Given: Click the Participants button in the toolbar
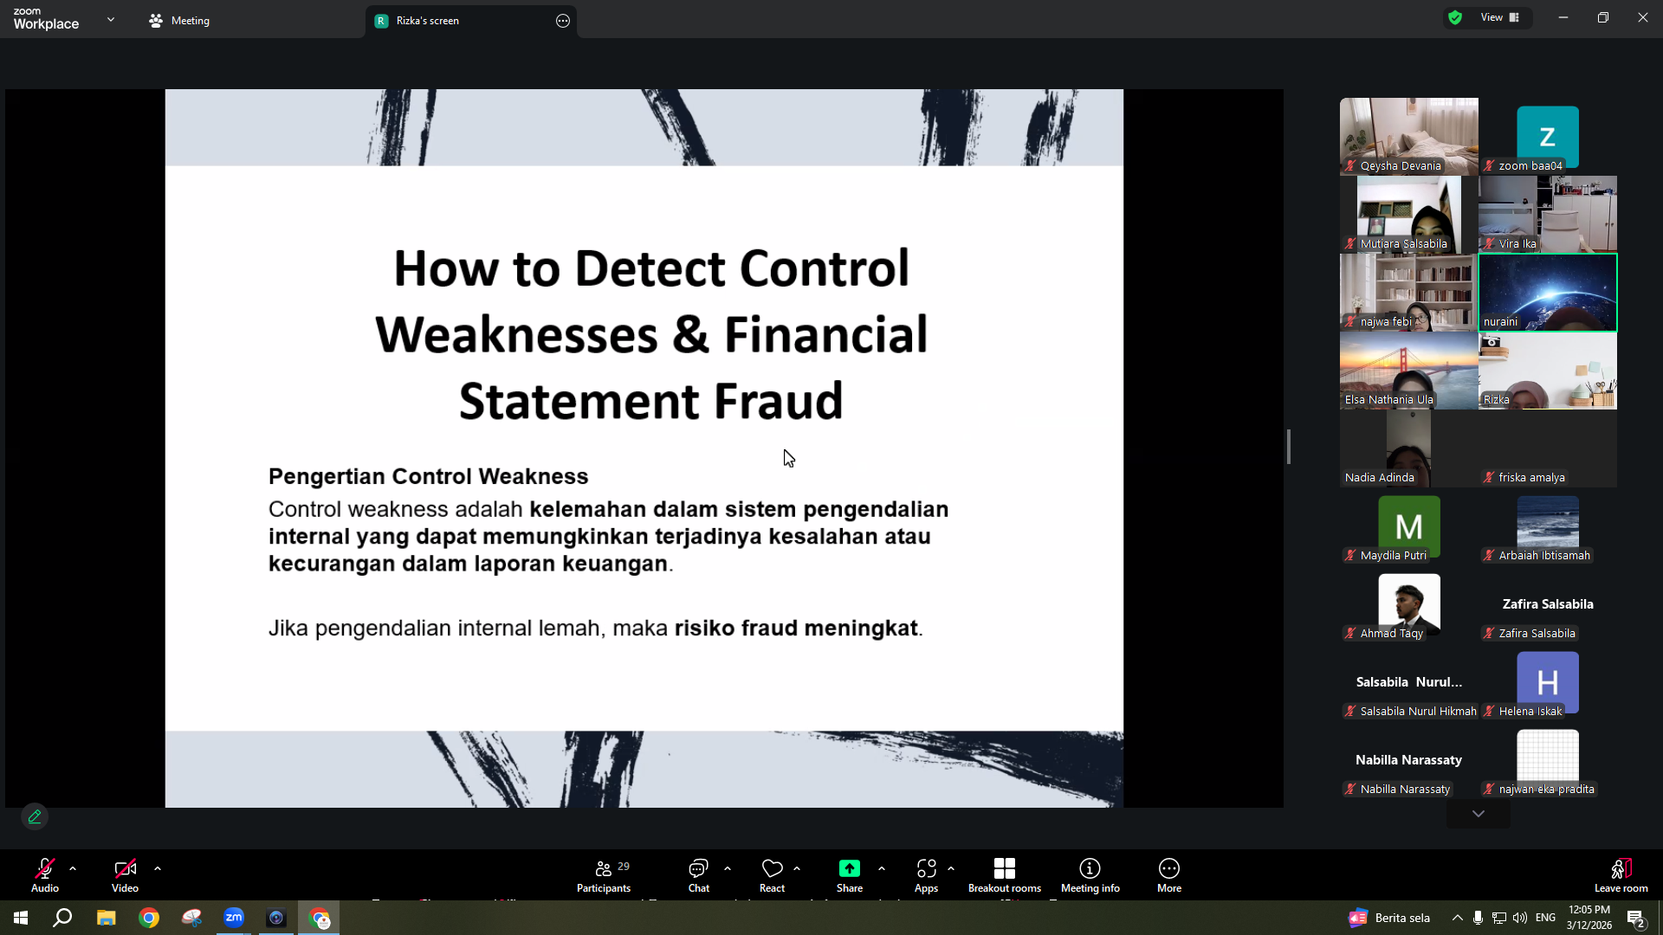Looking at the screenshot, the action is point(604,875).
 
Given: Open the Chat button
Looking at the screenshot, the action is point(698,875).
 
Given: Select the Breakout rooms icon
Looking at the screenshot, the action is point(1005,868).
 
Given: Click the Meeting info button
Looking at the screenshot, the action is point(1090,875).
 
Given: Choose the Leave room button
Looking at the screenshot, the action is point(1621,875).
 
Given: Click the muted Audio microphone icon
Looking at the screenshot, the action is point(45,868).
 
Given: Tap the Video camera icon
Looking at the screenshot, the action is point(125,868).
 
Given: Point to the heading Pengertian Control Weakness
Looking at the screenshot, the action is point(428,476).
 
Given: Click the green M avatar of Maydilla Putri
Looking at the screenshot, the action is point(1408,526).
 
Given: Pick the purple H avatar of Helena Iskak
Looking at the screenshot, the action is point(1547,682).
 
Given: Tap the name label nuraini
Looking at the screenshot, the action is point(1500,322).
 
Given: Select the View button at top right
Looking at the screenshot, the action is point(1499,17).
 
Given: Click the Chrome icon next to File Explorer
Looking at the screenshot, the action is point(149,918).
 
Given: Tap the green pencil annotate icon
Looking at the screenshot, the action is point(35,816).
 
